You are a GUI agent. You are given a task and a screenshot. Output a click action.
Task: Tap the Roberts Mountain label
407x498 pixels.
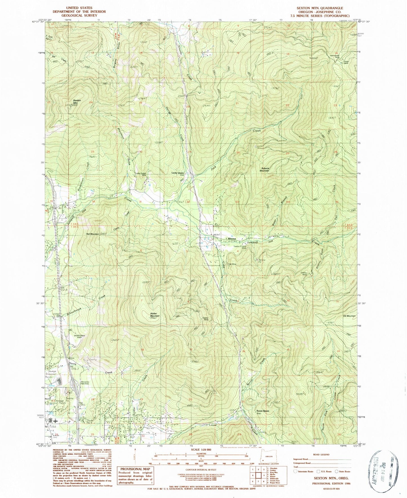coord(264,169)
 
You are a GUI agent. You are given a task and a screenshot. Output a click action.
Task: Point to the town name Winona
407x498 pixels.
coord(232,239)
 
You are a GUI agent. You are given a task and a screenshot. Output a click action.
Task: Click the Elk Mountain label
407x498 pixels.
coord(349,316)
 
